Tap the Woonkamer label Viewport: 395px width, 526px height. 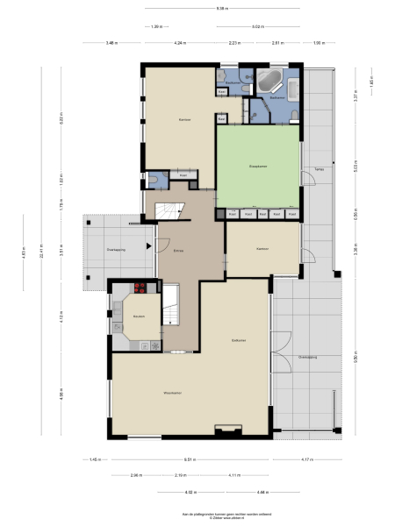pyautogui.click(x=171, y=393)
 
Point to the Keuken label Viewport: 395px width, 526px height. pyautogui.click(x=139, y=316)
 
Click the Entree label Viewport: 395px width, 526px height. pyautogui.click(x=178, y=250)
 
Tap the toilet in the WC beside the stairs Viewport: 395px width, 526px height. pyautogui.click(x=154, y=181)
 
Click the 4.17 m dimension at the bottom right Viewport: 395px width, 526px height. pyautogui.click(x=305, y=459)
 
